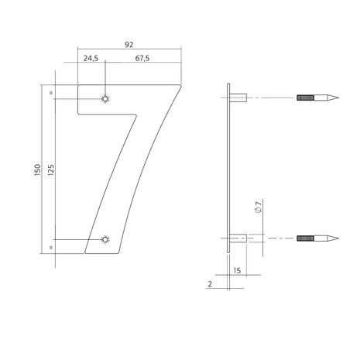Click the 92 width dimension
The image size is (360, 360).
pos(130,46)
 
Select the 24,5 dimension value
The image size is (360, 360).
pos(90,57)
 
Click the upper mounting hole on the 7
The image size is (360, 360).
pos(105,98)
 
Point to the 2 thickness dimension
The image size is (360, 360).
pos(210,285)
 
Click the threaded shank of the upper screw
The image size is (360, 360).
pos(306,98)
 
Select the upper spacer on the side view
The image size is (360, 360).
pos(239,98)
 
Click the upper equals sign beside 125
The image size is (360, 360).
pos(50,94)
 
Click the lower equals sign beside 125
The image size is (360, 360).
pos(50,245)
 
